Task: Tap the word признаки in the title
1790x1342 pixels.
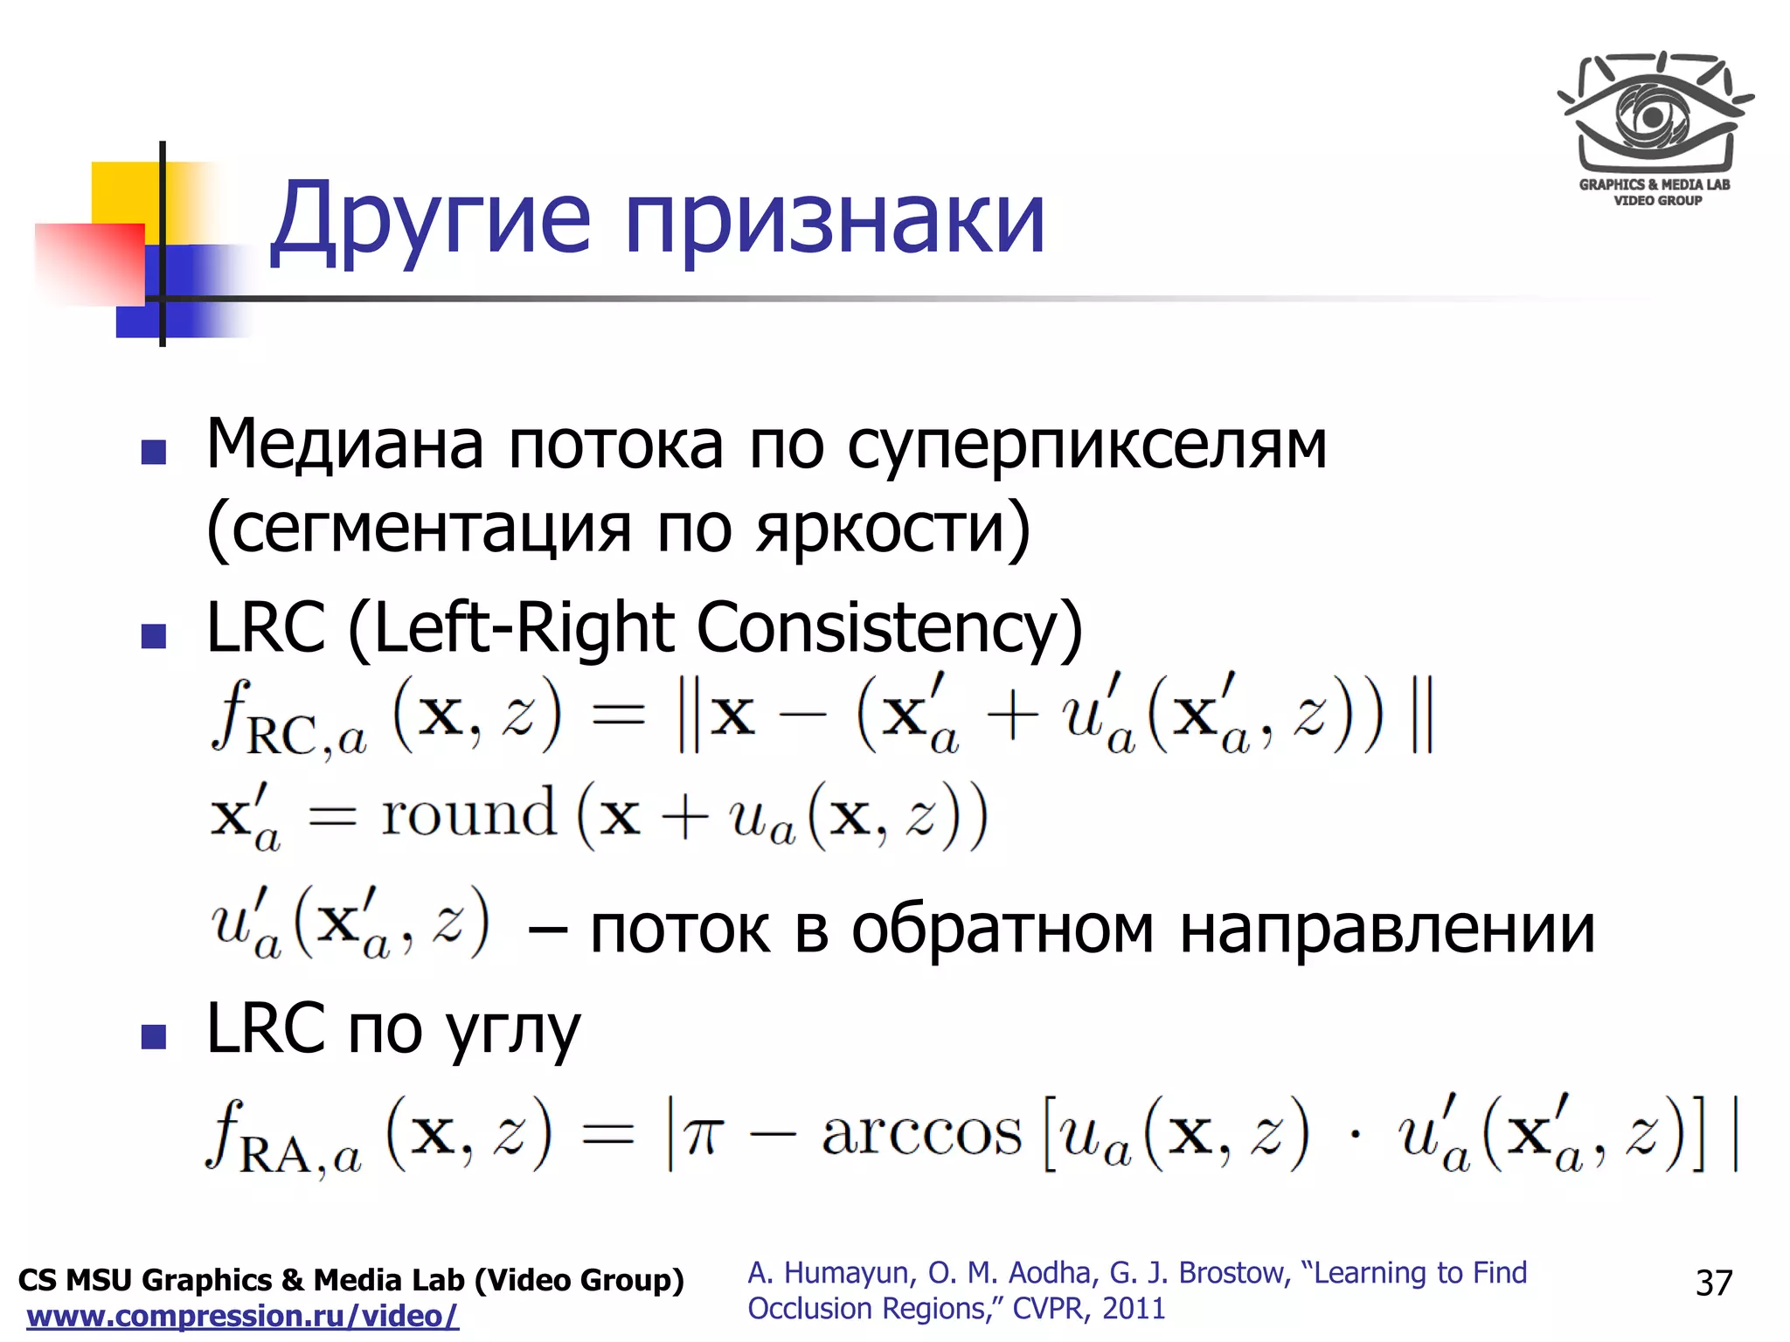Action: (835, 223)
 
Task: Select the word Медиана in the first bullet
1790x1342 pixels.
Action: (344, 444)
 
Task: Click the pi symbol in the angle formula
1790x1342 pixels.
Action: (704, 1136)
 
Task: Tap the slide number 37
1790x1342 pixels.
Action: (1713, 1283)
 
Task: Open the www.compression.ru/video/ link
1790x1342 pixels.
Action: (242, 1316)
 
